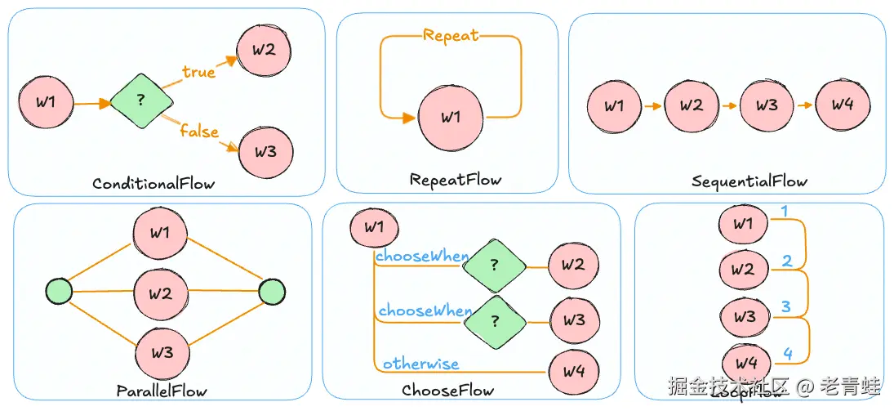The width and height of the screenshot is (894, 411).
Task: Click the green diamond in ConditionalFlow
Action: coord(141,101)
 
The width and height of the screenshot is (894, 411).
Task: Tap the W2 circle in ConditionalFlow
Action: coord(262,50)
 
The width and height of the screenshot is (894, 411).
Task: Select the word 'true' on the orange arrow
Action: coord(198,72)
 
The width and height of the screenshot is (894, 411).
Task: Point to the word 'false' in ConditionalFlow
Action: coord(199,130)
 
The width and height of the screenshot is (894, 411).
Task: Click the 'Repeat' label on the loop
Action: coord(451,35)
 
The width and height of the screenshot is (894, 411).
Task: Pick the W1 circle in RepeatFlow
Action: coord(451,118)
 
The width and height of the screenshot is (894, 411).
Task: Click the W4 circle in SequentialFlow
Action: coord(843,105)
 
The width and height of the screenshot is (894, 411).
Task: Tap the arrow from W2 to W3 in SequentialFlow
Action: coord(728,105)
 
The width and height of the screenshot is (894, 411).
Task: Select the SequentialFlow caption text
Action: coord(749,181)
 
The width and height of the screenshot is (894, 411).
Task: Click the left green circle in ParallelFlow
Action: coord(59,291)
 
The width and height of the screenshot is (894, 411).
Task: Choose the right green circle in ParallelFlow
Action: coord(271,291)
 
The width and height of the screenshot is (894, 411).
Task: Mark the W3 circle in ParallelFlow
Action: coord(162,353)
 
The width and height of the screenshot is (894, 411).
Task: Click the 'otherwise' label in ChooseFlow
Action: coord(420,364)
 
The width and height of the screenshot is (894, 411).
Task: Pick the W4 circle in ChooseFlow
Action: coord(574,371)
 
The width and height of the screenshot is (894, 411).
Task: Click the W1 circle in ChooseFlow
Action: coord(374,228)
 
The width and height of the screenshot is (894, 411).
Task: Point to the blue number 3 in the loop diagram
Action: coord(785,307)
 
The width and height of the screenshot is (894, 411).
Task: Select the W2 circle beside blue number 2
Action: coord(743,269)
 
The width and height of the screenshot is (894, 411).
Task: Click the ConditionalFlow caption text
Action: coord(153,183)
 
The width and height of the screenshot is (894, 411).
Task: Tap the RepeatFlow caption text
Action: coord(456,179)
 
